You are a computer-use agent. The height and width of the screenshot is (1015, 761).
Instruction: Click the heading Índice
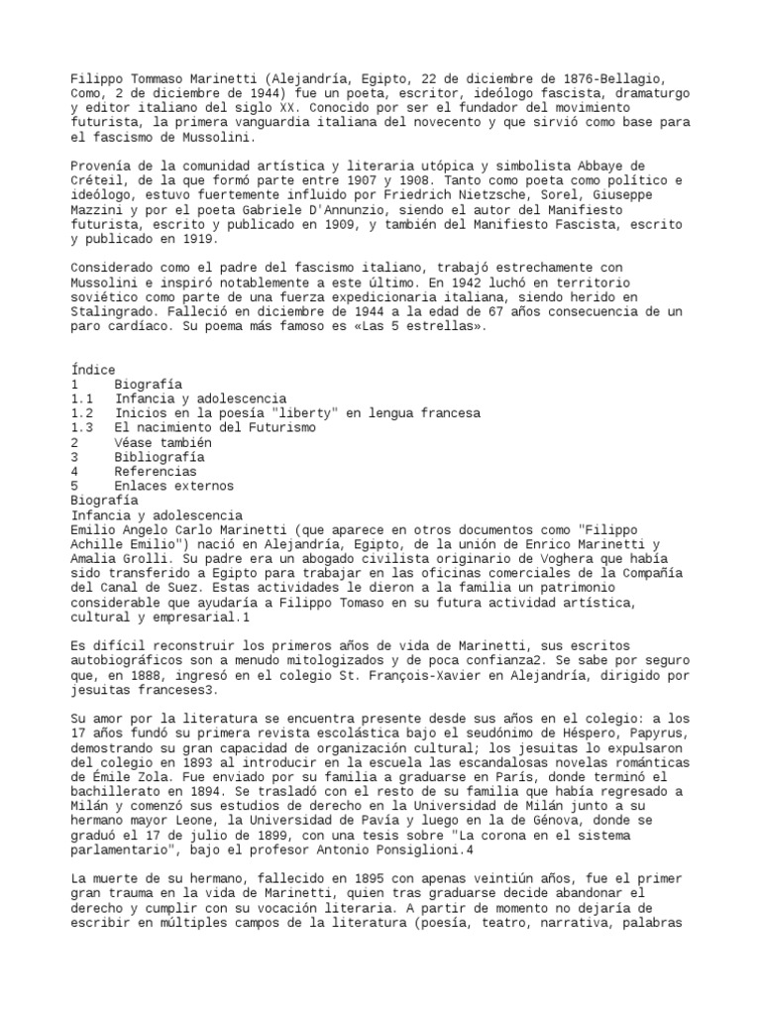pyautogui.click(x=93, y=370)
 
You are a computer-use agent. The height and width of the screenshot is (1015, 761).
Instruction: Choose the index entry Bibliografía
pyautogui.click(x=159, y=457)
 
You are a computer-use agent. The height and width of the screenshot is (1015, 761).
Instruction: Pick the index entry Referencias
pyautogui.click(x=155, y=472)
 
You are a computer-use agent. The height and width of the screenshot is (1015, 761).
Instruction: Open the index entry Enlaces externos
pyautogui.click(x=173, y=486)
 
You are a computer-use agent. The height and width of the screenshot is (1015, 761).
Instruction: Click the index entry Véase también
pyautogui.click(x=163, y=443)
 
